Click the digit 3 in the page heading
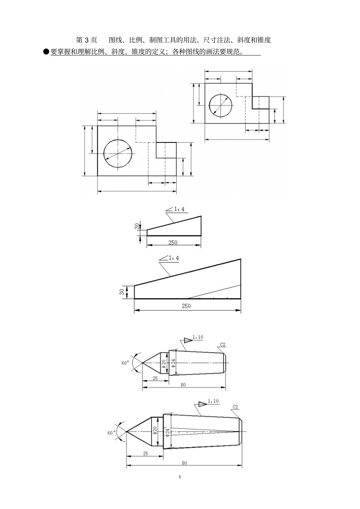tap(86, 40)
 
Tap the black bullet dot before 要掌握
tap(46, 52)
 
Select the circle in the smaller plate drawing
tap(221, 105)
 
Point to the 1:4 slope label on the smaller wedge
tap(179, 209)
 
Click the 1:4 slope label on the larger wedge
tap(174, 258)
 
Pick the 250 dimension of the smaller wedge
tap(173, 243)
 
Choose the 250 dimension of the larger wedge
tap(186, 306)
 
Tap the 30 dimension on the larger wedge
tap(122, 292)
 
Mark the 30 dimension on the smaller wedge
tap(137, 226)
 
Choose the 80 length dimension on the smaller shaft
tap(183, 385)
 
